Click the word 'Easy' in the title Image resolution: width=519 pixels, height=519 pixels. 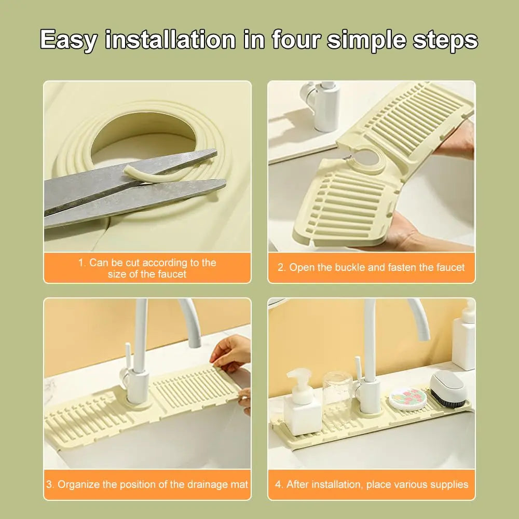pos(68,40)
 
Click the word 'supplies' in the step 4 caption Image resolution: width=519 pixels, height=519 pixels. pos(447,485)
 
